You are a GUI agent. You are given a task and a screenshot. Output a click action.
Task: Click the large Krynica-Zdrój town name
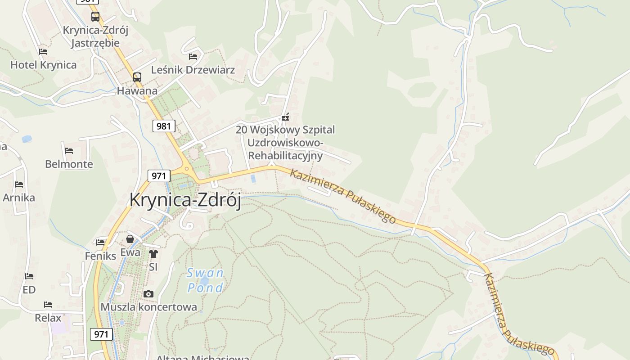click(x=185, y=200)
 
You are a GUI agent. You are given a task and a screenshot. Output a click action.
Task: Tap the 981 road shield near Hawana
click(x=163, y=126)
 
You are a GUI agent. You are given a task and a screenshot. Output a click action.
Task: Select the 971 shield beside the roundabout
click(x=159, y=175)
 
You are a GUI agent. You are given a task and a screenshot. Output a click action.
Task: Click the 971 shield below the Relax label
click(x=101, y=334)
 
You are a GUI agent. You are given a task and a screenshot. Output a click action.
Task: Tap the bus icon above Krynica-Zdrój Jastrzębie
click(x=95, y=17)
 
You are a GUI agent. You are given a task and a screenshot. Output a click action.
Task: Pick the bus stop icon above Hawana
click(x=137, y=77)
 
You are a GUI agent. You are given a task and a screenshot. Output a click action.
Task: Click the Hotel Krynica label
click(x=43, y=65)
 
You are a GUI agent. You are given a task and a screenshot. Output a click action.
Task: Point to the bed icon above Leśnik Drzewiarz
click(x=193, y=57)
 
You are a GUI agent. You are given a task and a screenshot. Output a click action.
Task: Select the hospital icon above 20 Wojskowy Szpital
click(x=285, y=117)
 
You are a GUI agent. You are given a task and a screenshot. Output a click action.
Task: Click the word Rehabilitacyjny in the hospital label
click(x=285, y=156)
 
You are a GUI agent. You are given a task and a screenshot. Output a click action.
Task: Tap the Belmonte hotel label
click(x=69, y=164)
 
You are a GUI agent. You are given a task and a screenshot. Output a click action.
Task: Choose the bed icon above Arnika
click(x=19, y=184)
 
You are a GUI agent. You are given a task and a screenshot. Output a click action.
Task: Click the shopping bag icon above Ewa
click(x=130, y=239)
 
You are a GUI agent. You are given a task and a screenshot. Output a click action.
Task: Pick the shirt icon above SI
click(x=153, y=254)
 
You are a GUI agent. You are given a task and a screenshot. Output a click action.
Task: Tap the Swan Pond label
click(x=205, y=280)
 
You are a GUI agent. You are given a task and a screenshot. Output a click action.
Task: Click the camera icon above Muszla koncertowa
click(x=148, y=294)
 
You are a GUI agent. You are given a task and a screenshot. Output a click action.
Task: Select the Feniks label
click(x=100, y=256)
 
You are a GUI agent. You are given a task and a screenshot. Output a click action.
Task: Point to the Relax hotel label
click(x=48, y=318)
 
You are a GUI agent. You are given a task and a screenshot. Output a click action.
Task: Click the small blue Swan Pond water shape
click(x=204, y=281)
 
